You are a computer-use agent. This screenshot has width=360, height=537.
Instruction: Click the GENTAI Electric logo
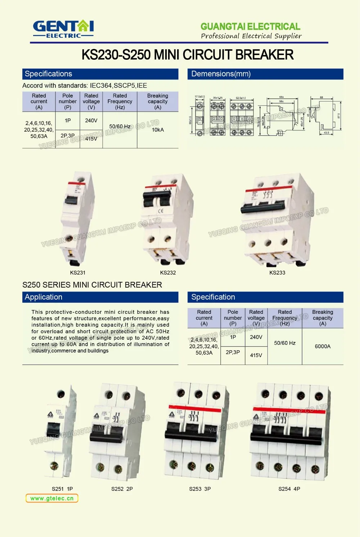coord(63,29)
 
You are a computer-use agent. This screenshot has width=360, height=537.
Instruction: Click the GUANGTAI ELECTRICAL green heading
coord(250,26)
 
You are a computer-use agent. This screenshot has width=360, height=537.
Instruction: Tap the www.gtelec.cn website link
coord(52,498)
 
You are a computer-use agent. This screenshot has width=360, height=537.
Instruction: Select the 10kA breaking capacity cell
coord(158,130)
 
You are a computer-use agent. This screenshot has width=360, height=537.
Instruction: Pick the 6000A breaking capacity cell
coord(323,346)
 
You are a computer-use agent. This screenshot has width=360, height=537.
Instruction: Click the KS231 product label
coord(77,272)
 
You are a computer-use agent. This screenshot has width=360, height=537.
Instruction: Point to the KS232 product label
coord(168,272)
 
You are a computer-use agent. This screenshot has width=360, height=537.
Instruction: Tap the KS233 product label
coord(277,272)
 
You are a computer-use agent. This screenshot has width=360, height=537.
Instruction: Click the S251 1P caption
coord(62,489)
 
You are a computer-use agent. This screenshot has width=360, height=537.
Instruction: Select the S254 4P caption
coord(289,489)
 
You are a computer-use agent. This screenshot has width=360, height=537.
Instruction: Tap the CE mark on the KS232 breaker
coord(161,211)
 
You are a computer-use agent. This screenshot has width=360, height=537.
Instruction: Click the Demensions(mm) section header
coord(221,74)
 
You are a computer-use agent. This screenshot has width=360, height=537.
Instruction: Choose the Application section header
coord(44,297)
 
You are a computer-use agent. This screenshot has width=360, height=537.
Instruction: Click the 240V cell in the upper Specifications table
coord(91,121)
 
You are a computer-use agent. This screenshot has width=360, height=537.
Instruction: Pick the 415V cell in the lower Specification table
coord(256,355)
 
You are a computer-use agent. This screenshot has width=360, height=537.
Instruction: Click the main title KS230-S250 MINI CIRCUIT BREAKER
coord(187,55)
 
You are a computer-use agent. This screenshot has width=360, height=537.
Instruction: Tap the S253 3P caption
coord(200,489)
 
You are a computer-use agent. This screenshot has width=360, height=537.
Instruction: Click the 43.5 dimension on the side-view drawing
coord(326,133)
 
